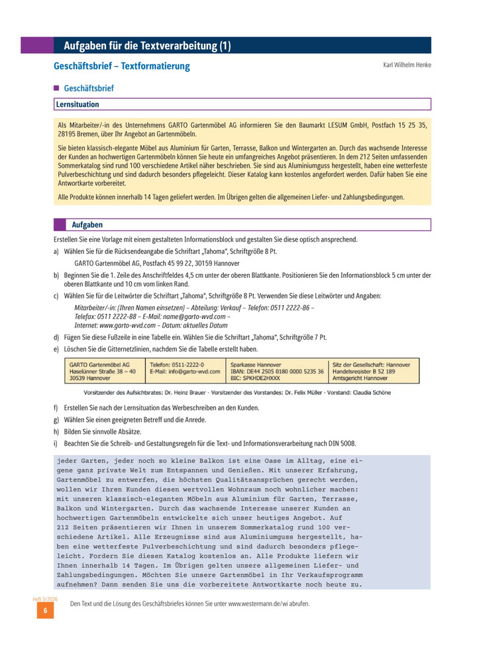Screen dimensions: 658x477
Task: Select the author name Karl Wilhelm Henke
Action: (407, 65)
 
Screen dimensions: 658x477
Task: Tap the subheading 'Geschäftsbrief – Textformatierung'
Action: (121, 66)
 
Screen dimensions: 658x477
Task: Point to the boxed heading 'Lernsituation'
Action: (78, 104)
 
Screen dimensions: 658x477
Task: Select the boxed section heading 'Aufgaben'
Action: (87, 225)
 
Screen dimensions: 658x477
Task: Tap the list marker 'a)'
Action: (56, 252)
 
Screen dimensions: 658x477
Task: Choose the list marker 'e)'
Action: (56, 349)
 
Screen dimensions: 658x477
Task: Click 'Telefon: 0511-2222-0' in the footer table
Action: (177, 364)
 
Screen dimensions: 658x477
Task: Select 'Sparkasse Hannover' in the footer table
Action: (256, 364)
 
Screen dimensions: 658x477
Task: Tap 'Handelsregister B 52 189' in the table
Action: (364, 371)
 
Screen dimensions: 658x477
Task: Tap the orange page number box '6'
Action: (46, 611)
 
